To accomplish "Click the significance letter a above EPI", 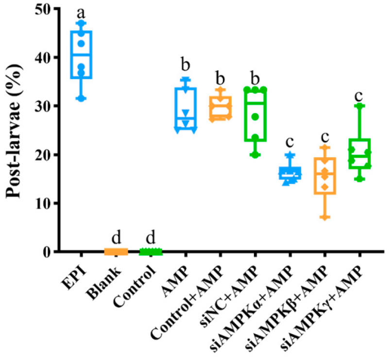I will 82,10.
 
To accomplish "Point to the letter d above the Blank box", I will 116,238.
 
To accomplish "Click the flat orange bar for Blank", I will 116,251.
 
